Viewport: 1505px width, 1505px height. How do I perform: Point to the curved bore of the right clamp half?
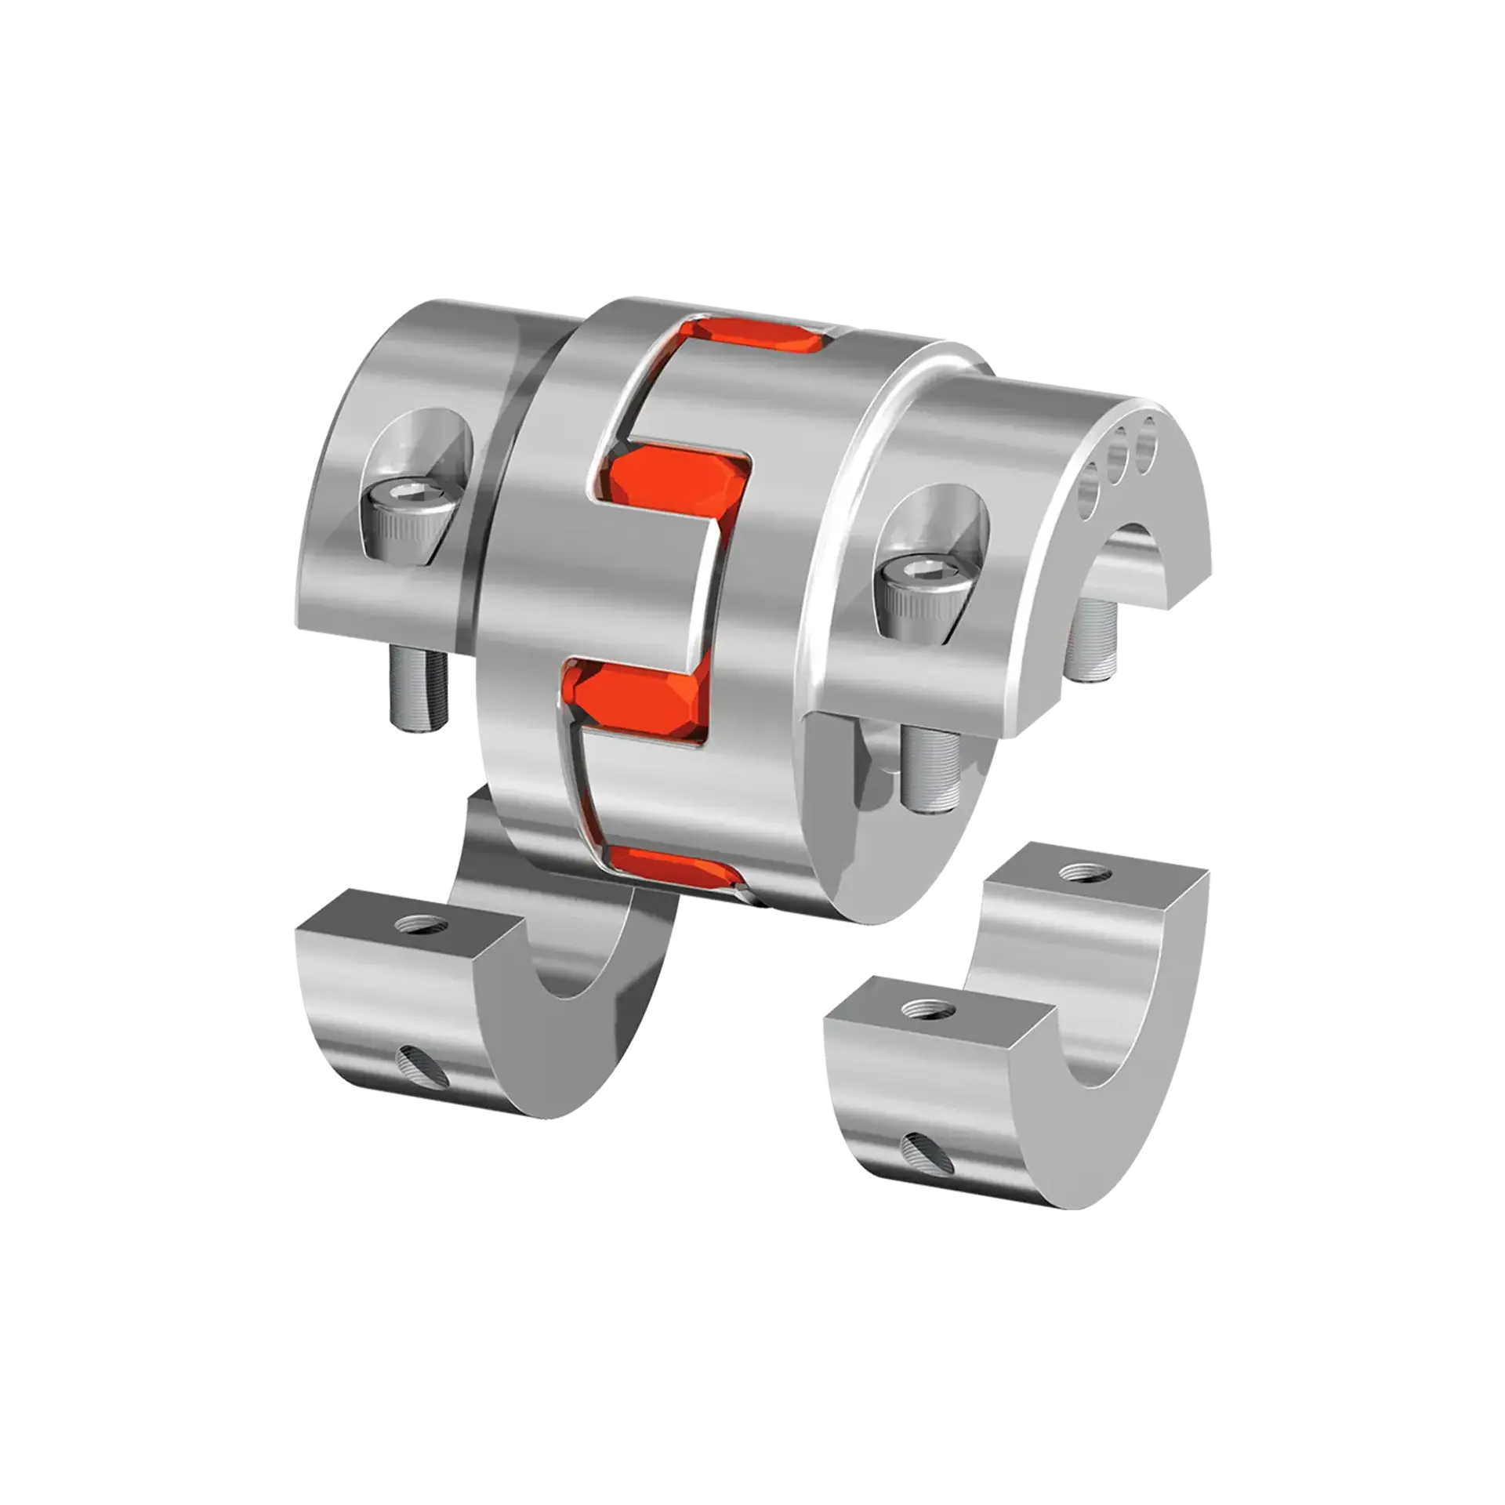[1097, 1035]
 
